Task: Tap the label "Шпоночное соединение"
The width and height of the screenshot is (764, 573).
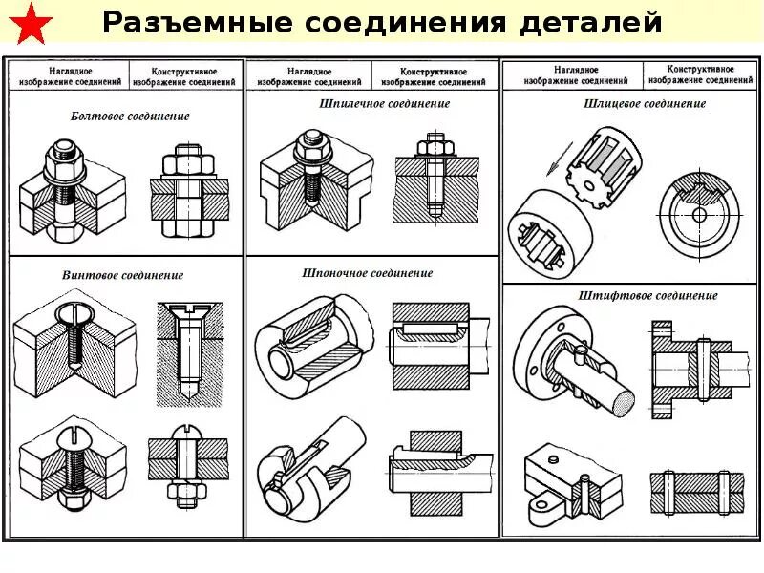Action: tap(368, 273)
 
